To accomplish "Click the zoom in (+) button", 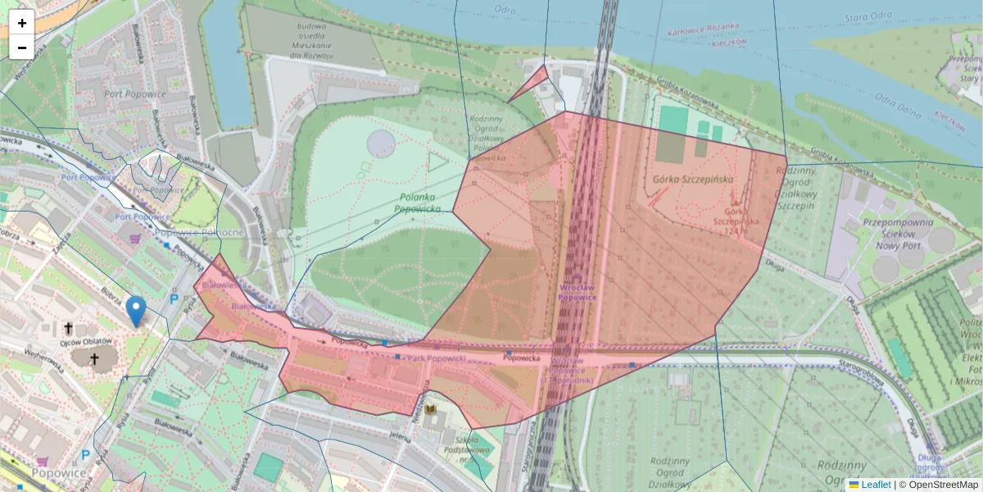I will pos(22,22).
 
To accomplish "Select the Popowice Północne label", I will pos(199,233).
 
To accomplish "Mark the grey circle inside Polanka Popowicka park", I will pos(381,143).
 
